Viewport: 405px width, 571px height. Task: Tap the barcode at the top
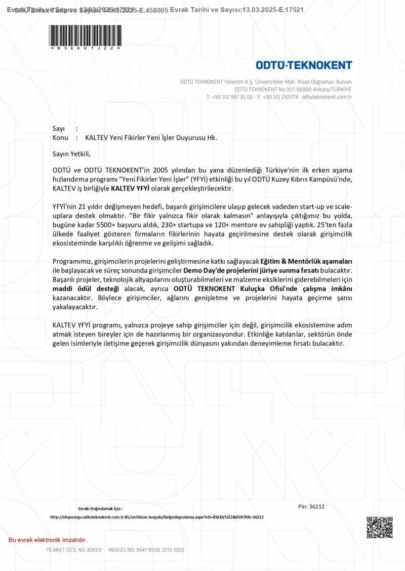[x=86, y=35]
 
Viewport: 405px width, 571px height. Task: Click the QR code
[x=380, y=528]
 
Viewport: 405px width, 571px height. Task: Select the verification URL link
[x=157, y=517]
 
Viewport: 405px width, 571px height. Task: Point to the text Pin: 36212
[x=311, y=506]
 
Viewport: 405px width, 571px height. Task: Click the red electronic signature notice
[x=48, y=540]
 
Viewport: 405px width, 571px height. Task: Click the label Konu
[x=60, y=137]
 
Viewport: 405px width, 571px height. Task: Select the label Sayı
[x=59, y=129]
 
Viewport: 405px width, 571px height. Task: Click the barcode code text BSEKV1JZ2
[x=86, y=48]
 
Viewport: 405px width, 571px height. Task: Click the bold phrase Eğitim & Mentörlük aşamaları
[x=306, y=261]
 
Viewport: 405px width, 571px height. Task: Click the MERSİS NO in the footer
[x=146, y=550]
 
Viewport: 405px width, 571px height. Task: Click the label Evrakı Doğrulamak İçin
[x=100, y=508]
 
